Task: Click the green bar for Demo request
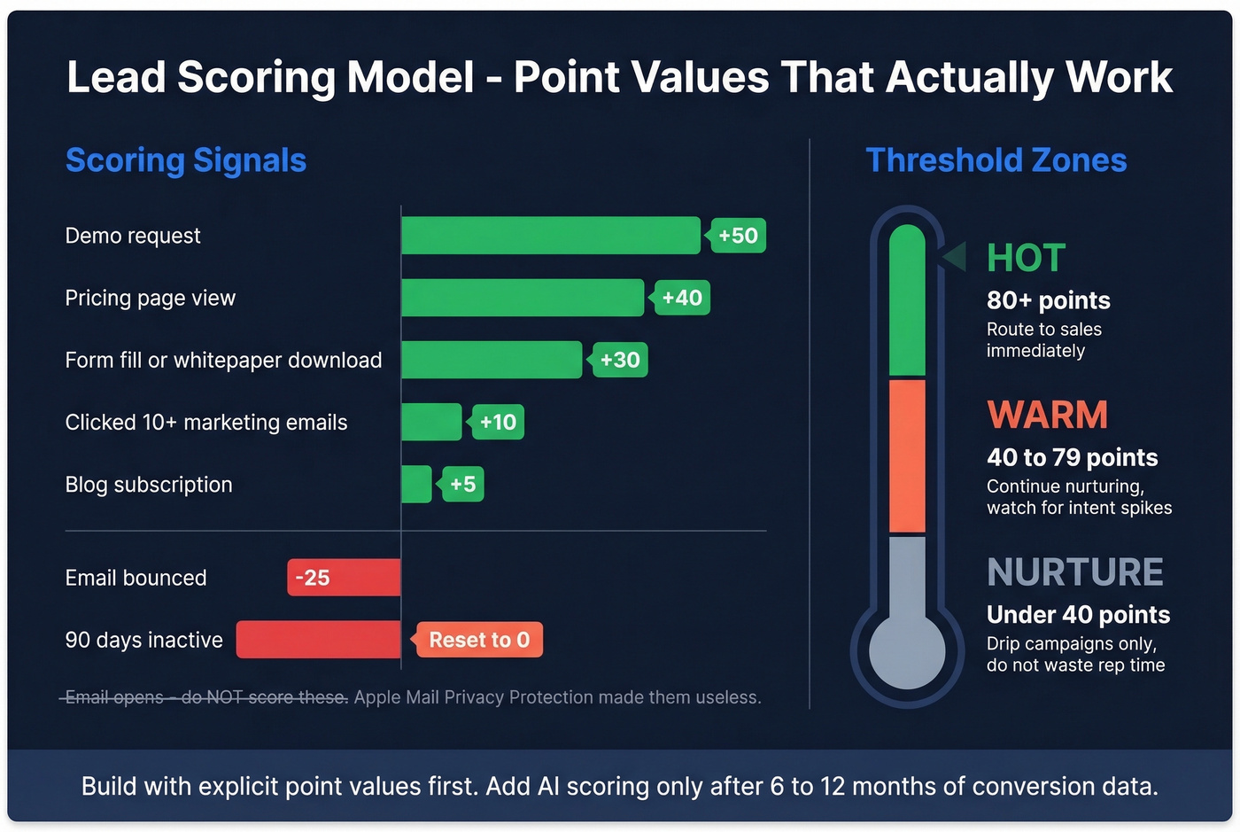pyautogui.click(x=550, y=236)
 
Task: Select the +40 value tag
pyautogui.click(x=681, y=298)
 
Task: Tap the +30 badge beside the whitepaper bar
pyautogui.click(x=620, y=360)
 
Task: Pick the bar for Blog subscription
pyautogui.click(x=416, y=485)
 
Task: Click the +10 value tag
pyautogui.click(x=498, y=422)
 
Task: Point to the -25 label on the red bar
pyautogui.click(x=313, y=578)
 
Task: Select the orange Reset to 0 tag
pyautogui.click(x=479, y=640)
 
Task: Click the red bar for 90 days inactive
pyautogui.click(x=318, y=640)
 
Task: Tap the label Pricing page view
pyautogui.click(x=151, y=298)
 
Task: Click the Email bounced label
pyautogui.click(x=136, y=578)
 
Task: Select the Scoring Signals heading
pyautogui.click(x=186, y=160)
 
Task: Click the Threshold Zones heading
pyautogui.click(x=996, y=160)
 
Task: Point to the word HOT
pyautogui.click(x=1026, y=258)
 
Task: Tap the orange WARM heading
pyautogui.click(x=1048, y=415)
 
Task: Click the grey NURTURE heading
pyautogui.click(x=1075, y=572)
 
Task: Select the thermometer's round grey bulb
pyautogui.click(x=907, y=652)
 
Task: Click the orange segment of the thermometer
pyautogui.click(x=907, y=455)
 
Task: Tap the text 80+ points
pyautogui.click(x=1049, y=300)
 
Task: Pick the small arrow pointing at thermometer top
pyautogui.click(x=954, y=257)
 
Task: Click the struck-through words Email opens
pyautogui.click(x=114, y=697)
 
